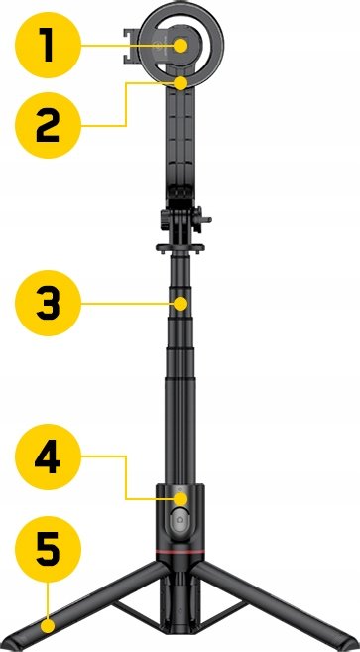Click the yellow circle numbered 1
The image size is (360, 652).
48,45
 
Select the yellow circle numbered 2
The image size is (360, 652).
48,125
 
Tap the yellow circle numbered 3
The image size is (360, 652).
48,303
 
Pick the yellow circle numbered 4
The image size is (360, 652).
48,456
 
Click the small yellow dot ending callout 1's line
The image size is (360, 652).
180,46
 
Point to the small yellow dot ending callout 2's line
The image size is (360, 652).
180,83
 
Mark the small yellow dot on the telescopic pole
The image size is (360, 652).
180,303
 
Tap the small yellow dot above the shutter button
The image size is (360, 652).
180,498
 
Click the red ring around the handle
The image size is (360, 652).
180,552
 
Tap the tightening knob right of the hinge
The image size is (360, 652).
203,219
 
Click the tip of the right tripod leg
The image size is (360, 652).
353,644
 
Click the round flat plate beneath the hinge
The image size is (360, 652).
180,248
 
